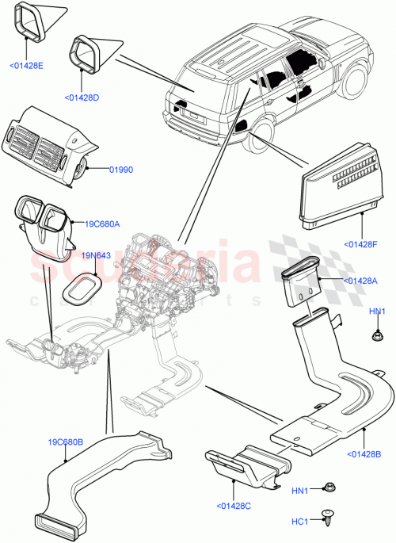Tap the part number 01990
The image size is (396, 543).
(x=121, y=168)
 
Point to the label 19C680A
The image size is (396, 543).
(x=102, y=224)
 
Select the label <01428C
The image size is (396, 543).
(x=235, y=504)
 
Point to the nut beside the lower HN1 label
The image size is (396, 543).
(x=327, y=491)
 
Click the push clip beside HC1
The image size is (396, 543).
(x=327, y=517)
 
